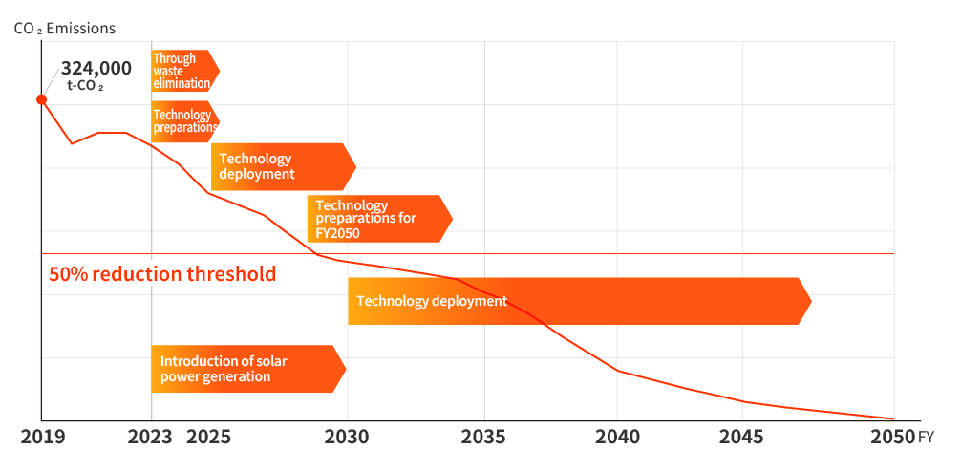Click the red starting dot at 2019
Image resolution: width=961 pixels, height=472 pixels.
coord(41,99)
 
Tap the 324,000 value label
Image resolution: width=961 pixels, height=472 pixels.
coord(96,68)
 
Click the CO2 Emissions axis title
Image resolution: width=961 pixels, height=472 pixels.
coord(65,28)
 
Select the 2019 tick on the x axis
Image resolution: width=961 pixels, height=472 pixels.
coord(43,438)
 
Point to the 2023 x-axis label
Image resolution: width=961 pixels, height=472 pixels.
coord(151,438)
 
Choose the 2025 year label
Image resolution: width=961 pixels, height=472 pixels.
coord(208,438)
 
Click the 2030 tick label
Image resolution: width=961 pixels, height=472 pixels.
coord(347,438)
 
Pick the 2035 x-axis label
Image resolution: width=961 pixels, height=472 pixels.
coord(484,438)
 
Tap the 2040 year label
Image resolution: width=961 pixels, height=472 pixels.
coord(617,438)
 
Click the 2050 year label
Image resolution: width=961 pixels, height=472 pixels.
coord(892,438)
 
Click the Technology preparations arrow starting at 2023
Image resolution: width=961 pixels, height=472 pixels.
coord(183,121)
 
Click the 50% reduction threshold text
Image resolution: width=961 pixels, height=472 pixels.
coord(161,274)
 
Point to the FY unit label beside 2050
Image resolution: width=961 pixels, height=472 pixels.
coord(927,439)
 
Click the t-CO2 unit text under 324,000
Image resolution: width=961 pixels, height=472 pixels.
coord(85,86)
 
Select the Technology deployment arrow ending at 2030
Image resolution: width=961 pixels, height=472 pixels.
coord(281,166)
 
